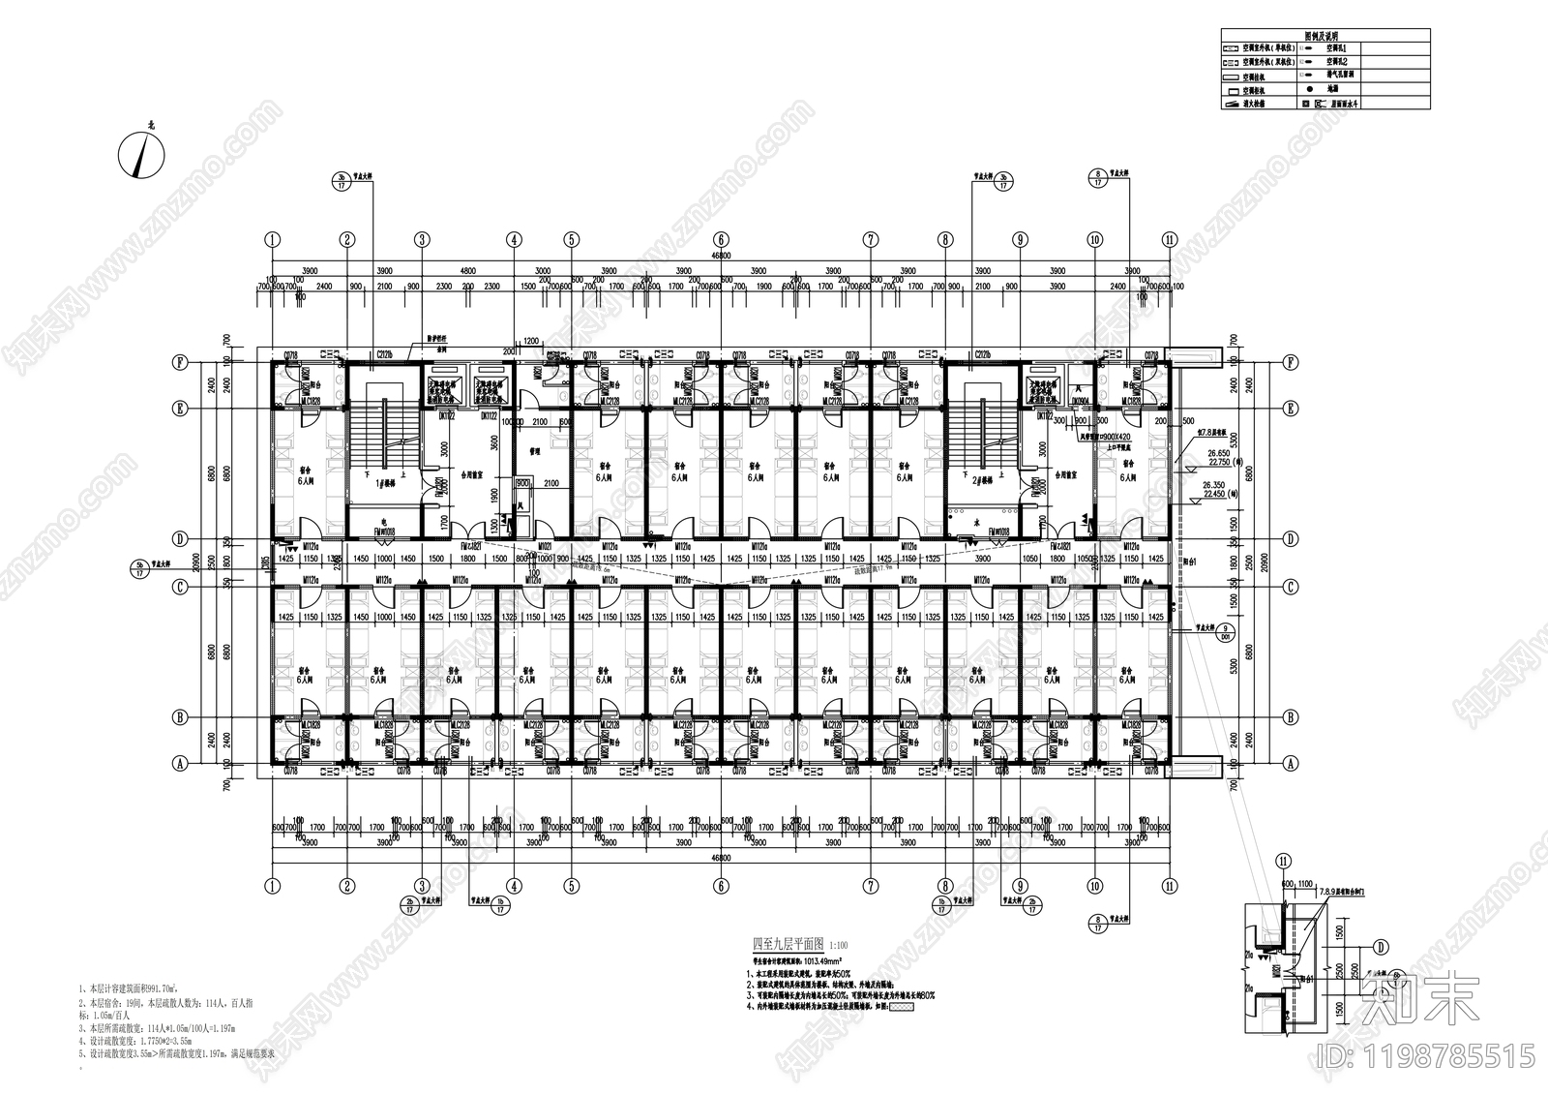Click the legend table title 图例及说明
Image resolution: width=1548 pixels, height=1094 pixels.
point(1325,35)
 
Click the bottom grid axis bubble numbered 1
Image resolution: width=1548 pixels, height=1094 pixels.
point(273,885)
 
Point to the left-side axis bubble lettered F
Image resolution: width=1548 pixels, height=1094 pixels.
point(179,363)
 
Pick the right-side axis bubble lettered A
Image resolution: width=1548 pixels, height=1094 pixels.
point(1290,763)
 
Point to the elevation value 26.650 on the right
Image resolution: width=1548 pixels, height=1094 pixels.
point(1215,452)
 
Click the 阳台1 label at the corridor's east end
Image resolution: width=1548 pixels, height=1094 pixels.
point(1192,562)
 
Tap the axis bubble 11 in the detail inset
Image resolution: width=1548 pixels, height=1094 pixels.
point(1284,860)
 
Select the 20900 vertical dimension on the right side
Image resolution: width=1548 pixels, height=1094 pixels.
point(1255,562)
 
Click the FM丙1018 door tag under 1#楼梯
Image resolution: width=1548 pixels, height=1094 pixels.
point(385,532)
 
